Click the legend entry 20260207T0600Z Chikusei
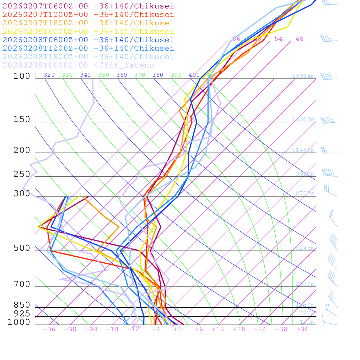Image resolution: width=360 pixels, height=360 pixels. tap(88, 6)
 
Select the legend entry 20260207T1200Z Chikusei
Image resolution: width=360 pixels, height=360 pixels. tap(88, 14)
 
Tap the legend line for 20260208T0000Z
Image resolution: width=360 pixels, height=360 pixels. tap(88, 31)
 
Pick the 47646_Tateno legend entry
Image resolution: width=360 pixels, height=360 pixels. tap(78, 65)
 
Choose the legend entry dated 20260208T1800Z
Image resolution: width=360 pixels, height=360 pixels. tap(88, 57)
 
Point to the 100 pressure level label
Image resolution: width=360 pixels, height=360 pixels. tap(22, 76)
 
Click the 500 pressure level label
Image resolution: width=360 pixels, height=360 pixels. tap(22, 248)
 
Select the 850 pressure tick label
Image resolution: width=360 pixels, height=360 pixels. tap(22, 305)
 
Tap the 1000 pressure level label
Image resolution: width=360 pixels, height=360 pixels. tap(19, 322)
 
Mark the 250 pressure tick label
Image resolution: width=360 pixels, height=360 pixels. tap(22, 174)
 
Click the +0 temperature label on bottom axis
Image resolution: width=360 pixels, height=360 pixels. tap(178, 329)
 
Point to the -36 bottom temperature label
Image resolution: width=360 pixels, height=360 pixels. tap(49, 329)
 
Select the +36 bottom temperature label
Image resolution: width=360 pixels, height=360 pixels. tap(302, 329)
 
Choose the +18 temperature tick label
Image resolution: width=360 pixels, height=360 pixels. tap(239, 329)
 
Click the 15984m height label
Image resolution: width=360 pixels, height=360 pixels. tap(303, 76)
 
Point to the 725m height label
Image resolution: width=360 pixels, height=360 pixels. tap(307, 314)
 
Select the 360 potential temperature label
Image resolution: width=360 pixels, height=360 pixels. tap(122, 75)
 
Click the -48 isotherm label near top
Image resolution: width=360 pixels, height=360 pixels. tap(297, 39)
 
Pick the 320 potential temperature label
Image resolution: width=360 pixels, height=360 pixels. tap(49, 75)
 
